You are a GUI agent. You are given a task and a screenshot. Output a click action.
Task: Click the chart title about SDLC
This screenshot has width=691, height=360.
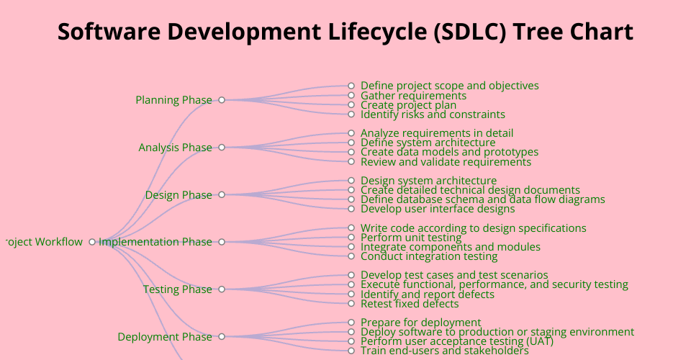tap(345, 32)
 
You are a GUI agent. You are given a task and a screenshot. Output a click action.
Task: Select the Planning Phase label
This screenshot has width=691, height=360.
tap(173, 100)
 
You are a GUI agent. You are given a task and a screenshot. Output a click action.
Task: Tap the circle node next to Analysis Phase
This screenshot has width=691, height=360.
tap(222, 147)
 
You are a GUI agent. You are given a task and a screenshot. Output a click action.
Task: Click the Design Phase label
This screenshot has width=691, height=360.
tap(179, 195)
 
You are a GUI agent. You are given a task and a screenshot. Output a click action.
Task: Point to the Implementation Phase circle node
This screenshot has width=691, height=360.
tap(222, 242)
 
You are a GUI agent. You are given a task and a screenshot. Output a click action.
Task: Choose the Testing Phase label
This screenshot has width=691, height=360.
tap(177, 289)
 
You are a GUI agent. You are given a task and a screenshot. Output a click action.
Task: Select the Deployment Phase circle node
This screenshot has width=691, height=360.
tap(222, 337)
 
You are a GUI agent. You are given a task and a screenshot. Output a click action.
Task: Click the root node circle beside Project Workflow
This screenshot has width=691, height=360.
tap(92, 242)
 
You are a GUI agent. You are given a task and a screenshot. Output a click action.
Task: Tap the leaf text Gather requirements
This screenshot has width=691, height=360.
tap(413, 96)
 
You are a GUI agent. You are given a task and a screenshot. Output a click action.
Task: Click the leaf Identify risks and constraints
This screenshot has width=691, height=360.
tap(433, 114)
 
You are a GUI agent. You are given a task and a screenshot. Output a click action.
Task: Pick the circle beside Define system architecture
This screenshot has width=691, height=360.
tap(351, 143)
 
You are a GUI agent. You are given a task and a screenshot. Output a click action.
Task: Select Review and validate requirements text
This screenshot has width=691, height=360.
tap(446, 162)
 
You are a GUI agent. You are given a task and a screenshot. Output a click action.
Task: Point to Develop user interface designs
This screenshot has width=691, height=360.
tap(438, 209)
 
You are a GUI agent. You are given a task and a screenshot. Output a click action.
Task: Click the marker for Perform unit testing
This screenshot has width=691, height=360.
tap(351, 238)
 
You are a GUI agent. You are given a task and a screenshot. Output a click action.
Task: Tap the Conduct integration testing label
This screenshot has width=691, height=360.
tap(429, 256)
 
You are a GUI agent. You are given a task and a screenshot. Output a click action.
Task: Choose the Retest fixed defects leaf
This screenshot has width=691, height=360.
tap(410, 304)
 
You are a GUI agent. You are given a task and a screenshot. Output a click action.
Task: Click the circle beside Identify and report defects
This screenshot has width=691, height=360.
tap(351, 294)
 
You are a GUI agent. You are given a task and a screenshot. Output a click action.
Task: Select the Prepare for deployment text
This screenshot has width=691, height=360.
tap(421, 323)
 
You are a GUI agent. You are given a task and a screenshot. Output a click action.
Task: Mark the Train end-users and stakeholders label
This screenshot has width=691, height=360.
tap(445, 351)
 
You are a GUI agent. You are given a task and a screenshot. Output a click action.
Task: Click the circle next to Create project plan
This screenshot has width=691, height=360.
tap(351, 105)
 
